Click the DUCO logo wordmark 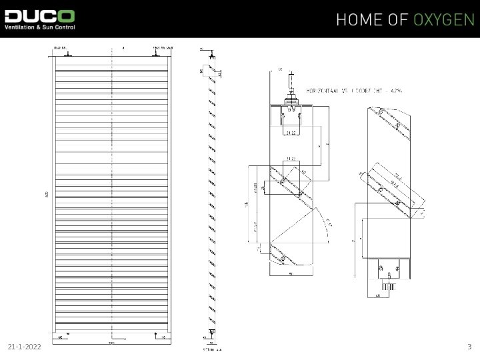[x=39, y=15]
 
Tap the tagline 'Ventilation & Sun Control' [x=39, y=27]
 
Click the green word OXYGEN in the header [x=443, y=19]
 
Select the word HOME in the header [x=361, y=19]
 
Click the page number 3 [x=469, y=347]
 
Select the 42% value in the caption [x=396, y=89]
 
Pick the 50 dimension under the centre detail [x=291, y=273]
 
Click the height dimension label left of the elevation [x=47, y=195]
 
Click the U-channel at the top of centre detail [x=291, y=117]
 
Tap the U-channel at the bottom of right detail [x=389, y=266]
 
